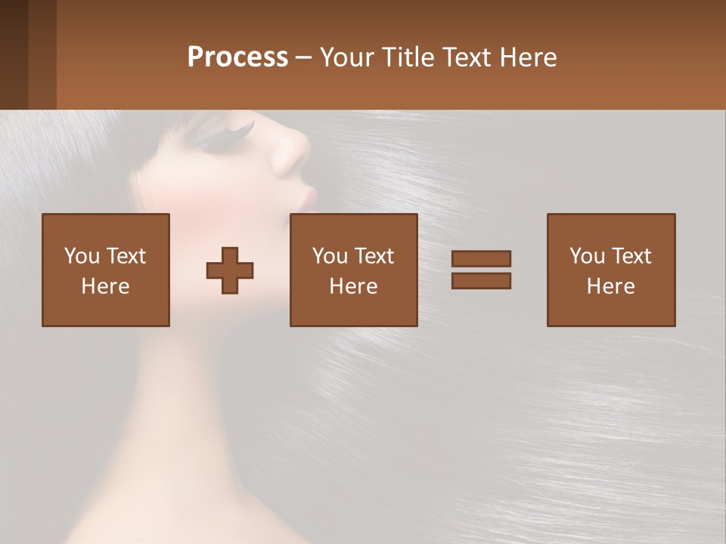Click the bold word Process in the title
tap(237, 57)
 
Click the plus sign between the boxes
tap(230, 270)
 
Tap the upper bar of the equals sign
tap(481, 258)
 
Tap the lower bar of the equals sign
tap(481, 280)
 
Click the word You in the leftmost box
tap(81, 256)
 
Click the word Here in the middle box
tap(353, 286)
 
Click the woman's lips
tap(309, 198)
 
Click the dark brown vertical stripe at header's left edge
tap(14, 54)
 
